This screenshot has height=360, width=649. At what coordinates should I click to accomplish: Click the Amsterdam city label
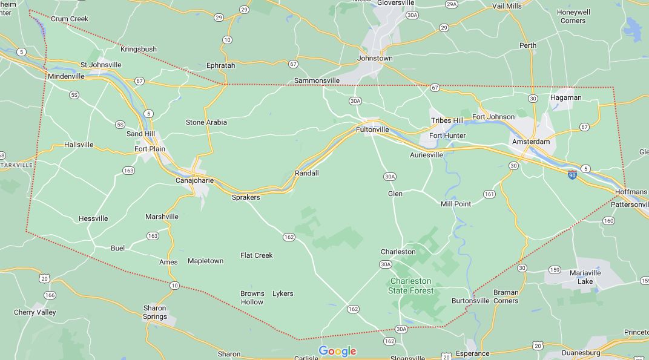pos(531,142)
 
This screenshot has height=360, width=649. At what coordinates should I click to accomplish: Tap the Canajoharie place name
pos(194,180)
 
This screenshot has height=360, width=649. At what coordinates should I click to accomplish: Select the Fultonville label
pos(372,129)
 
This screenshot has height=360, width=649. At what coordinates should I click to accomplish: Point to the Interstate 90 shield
pos(572,175)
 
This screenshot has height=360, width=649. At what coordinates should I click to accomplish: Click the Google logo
pos(337,351)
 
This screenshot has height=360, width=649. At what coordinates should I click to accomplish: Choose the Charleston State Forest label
pos(411,286)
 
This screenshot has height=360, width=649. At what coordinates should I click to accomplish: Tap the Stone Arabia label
pos(206,122)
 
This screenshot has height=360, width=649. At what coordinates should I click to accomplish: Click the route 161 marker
pos(489,194)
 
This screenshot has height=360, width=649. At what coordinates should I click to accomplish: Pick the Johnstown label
pos(375,58)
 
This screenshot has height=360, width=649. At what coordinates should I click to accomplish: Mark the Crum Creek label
pos(70,19)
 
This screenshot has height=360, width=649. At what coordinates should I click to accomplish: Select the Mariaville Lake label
pos(585,277)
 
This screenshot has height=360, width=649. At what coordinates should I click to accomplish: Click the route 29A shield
pos(451,4)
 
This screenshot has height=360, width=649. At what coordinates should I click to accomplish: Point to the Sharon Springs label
pos(155,312)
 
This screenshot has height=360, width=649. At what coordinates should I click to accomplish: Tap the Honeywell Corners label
pos(573,16)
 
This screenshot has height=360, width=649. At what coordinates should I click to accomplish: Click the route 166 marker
pos(50,295)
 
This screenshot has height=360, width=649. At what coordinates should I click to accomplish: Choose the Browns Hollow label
pos(252,298)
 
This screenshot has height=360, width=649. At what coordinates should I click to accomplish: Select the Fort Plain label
pos(150,149)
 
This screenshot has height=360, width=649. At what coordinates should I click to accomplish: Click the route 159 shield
pos(555,270)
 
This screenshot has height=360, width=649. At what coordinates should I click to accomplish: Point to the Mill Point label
pos(456,204)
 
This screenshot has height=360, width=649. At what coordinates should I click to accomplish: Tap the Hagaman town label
pos(566,97)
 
